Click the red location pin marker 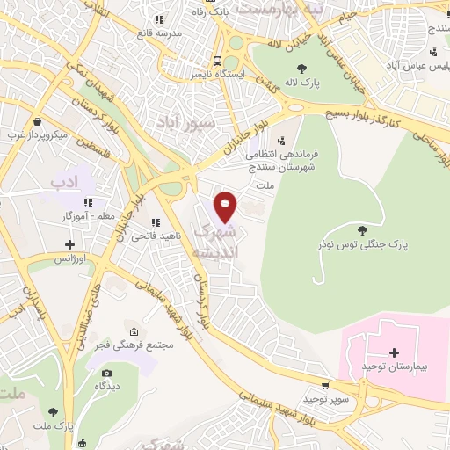227,207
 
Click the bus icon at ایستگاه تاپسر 216,60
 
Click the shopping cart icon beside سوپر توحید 326,385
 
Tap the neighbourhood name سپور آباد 185,123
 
